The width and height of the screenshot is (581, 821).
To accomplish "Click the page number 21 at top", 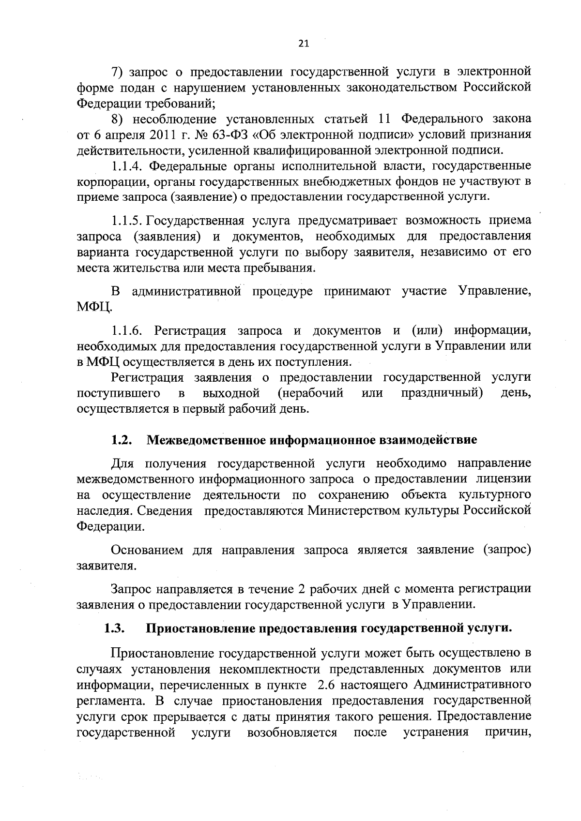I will click(303, 44).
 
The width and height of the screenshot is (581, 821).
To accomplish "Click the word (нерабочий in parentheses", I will click(311, 392).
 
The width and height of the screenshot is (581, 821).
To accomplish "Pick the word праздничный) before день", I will click(442, 392).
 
